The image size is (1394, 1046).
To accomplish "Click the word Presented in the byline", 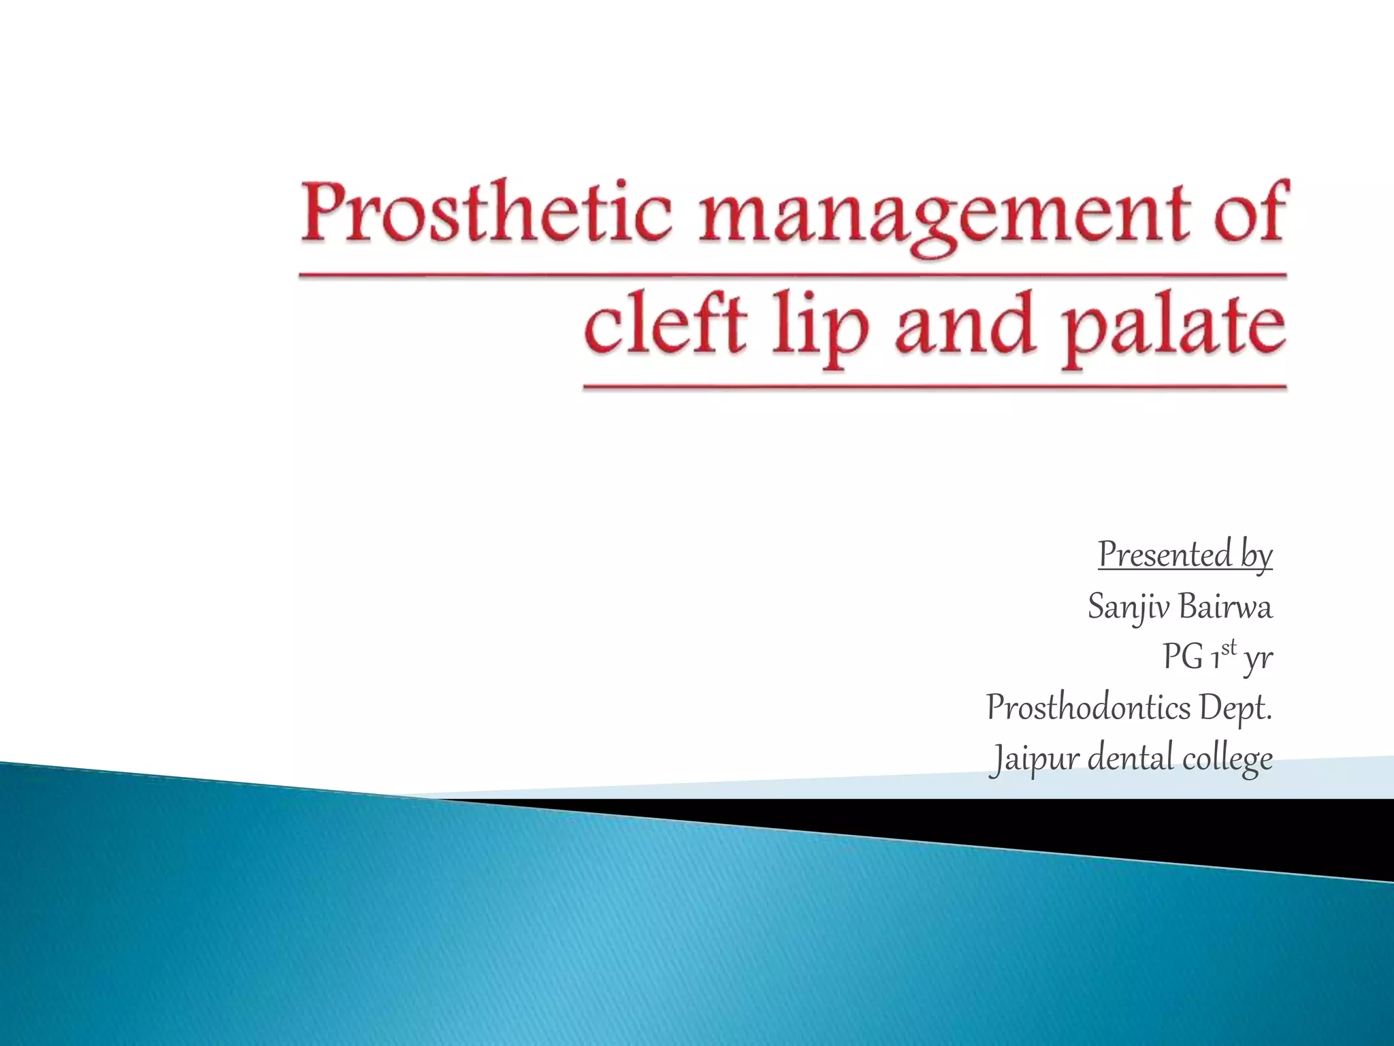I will tap(1165, 555).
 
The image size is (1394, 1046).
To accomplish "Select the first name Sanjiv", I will tap(1129, 607).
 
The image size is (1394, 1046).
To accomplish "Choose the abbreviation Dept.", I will tap(1235, 710).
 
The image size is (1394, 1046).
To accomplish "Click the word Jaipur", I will tap(1034, 759).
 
